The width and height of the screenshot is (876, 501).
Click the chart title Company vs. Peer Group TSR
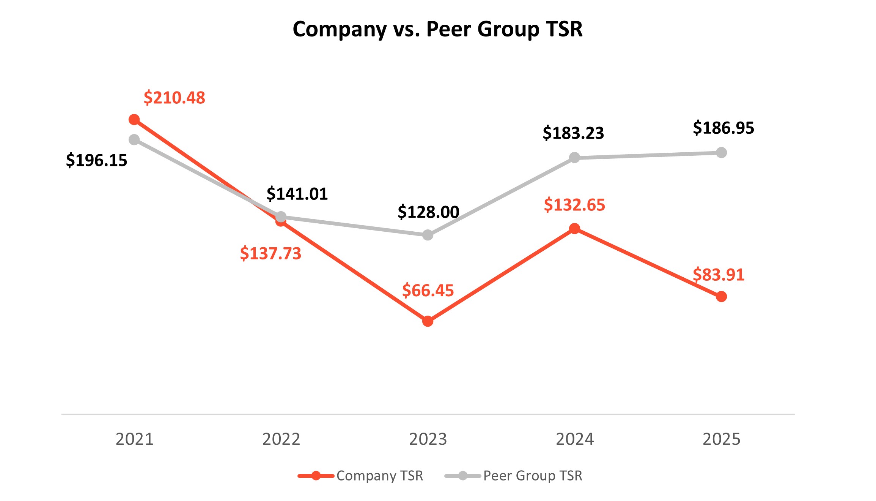(x=437, y=29)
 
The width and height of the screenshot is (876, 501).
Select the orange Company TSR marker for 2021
(x=134, y=120)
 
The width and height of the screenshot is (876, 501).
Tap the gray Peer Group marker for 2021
(x=134, y=140)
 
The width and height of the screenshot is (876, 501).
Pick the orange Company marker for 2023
(x=428, y=321)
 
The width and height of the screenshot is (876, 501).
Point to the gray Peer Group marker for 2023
(x=428, y=235)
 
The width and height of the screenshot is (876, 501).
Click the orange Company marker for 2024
(x=574, y=229)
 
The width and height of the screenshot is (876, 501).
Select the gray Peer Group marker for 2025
(x=721, y=153)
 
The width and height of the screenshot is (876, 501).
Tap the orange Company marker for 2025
(x=721, y=297)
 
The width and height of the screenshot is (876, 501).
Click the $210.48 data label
(x=174, y=98)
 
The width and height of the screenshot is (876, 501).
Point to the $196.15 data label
(x=96, y=160)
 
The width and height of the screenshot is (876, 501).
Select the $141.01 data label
(x=297, y=194)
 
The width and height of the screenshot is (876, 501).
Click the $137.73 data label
(x=271, y=253)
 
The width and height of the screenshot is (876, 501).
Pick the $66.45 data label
(x=428, y=291)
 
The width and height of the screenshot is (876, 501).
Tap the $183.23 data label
(x=573, y=133)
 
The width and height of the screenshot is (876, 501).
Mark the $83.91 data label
(x=719, y=275)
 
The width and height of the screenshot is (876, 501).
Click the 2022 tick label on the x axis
(x=281, y=439)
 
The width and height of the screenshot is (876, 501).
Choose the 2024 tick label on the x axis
(x=575, y=439)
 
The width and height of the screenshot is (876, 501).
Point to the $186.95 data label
(x=723, y=128)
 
